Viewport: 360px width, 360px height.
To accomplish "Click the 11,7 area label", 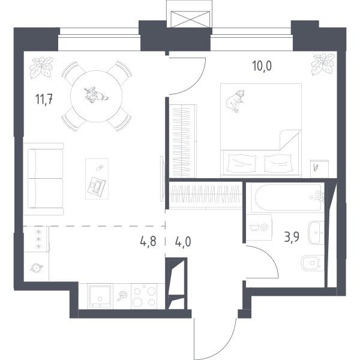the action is (44, 99).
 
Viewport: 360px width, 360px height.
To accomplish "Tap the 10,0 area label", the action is (262, 66).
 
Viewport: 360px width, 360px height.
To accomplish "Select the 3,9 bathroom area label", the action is (292, 237).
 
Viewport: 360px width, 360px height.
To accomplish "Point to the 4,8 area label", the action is (148, 242).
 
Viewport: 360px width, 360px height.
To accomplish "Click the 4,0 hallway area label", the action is (183, 242).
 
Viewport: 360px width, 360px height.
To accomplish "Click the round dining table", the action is (97, 96).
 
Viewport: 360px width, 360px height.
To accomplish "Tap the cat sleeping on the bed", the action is (235, 101).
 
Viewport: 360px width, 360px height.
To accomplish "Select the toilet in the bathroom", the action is (312, 263).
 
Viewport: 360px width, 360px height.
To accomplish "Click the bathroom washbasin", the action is (316, 233).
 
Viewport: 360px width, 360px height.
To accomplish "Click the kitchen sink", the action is (100, 296).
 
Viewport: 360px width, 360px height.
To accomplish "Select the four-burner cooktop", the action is (144, 296).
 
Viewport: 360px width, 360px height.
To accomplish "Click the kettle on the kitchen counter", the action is (37, 268).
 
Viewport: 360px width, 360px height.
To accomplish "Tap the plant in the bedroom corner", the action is (322, 64).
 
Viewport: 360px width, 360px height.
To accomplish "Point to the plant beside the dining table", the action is (41, 67).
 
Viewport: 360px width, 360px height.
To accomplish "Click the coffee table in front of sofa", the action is (97, 179).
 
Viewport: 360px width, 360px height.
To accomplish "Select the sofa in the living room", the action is (44, 179).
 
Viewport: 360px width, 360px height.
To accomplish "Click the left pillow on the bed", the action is (241, 163).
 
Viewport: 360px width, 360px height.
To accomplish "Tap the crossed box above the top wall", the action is (190, 19).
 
